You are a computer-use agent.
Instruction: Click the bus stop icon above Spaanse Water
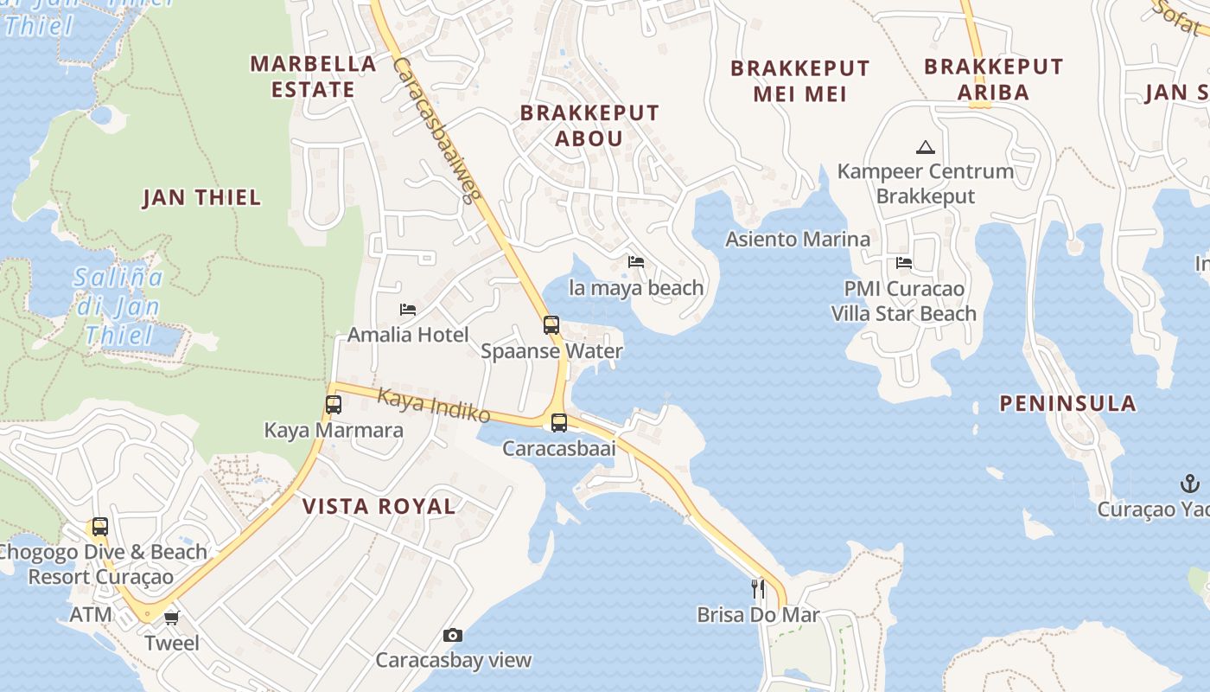(551, 325)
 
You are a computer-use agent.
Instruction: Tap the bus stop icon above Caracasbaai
(559, 423)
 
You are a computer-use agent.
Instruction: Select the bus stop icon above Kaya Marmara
(334, 404)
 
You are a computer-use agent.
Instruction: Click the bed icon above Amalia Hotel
(408, 309)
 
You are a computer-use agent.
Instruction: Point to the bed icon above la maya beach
(636, 261)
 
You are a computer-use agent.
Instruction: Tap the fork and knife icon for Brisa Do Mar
(758, 589)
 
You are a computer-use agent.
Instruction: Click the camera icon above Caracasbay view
(452, 636)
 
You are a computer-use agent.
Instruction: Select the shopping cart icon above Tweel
(171, 618)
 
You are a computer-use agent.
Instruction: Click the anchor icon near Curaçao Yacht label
(1190, 484)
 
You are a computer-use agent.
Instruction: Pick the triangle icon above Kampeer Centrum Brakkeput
(926, 147)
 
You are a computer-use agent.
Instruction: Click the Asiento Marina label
(797, 239)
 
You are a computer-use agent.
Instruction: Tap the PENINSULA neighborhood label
(1067, 403)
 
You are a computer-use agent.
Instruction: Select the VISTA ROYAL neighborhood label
(379, 507)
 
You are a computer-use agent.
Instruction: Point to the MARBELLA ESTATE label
(313, 76)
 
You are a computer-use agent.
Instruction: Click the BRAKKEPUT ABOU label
(589, 125)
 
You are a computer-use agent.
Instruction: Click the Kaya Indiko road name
(434, 406)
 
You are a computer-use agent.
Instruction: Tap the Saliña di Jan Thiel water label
(118, 306)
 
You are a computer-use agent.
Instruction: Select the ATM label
(91, 615)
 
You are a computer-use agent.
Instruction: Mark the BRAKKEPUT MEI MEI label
(799, 80)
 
